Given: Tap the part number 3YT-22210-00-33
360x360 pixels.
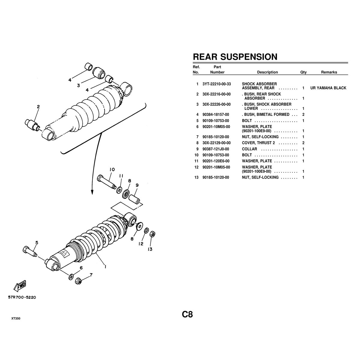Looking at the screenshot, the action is [217, 84].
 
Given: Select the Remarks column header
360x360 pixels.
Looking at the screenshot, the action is [329, 72].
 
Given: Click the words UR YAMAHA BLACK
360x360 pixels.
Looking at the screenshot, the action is [328, 88].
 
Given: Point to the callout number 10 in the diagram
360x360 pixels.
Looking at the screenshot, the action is [112, 169].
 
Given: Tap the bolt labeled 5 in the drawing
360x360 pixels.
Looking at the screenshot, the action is [30, 251].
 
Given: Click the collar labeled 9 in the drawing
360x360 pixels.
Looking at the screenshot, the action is [134, 199].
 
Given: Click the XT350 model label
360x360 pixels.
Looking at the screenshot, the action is [16, 319].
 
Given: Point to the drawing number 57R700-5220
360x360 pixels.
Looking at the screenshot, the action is [22, 297].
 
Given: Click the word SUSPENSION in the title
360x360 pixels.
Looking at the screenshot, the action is [249, 57].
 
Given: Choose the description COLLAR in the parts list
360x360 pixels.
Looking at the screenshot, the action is [249, 149].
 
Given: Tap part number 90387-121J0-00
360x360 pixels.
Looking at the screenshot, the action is [216, 149].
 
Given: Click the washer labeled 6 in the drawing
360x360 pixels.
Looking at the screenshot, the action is [71, 277].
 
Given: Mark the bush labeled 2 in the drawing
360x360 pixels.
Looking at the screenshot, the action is [32, 124].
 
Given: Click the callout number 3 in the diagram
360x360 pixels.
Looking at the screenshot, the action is [79, 85].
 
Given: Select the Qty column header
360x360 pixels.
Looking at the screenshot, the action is [303, 72].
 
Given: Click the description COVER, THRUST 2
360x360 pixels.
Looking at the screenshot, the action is [258, 143].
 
